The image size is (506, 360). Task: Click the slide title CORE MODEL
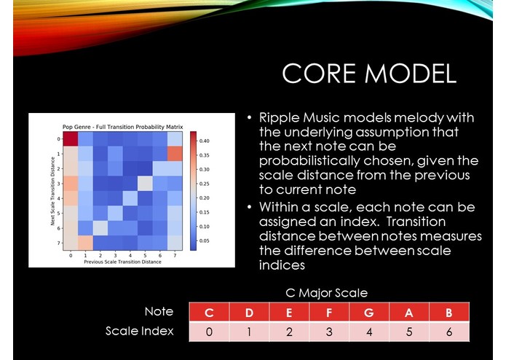point(368,74)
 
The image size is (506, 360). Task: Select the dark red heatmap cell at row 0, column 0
point(71,139)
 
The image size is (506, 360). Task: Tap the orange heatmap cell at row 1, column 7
point(174,154)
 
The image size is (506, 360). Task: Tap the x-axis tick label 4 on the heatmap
point(130,256)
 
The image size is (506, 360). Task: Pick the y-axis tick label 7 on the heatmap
point(59,242)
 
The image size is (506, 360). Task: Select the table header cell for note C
point(209,313)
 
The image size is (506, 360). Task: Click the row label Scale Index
point(139,331)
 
